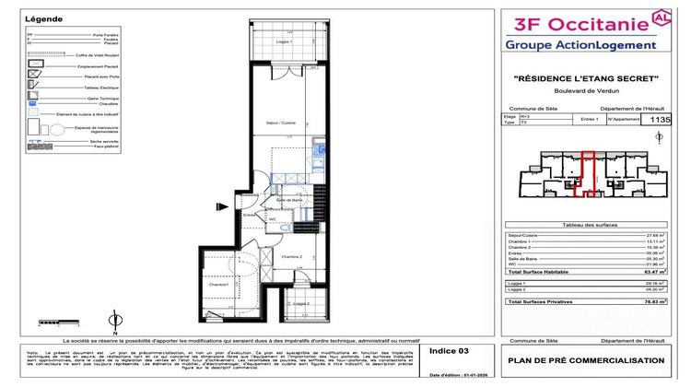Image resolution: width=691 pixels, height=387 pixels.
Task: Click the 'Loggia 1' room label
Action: tap(284, 42)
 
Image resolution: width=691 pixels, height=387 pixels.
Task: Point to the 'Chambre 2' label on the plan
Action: tap(292, 256)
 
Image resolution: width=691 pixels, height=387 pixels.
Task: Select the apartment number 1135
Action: tap(661, 118)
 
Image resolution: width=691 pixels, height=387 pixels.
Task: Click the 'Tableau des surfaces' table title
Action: tap(587, 225)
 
